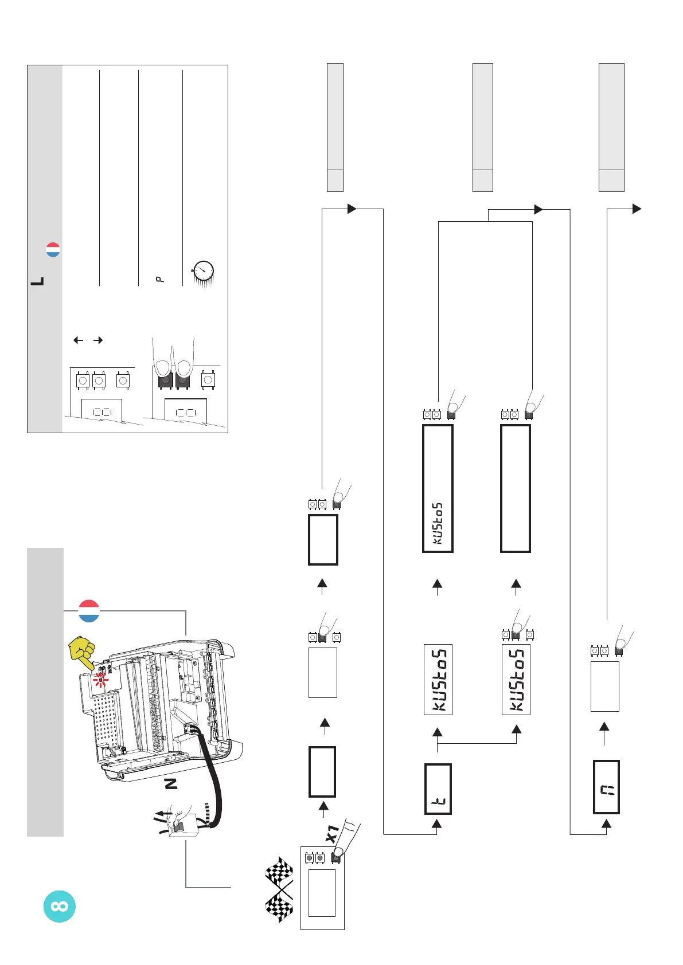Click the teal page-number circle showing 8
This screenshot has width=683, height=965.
(x=60, y=906)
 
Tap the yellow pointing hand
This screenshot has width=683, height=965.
(x=83, y=652)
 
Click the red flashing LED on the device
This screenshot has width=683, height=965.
(x=101, y=680)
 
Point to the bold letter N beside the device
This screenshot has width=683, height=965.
(x=171, y=783)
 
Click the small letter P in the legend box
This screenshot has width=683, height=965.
(x=160, y=279)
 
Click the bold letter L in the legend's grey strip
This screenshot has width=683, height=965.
(x=37, y=282)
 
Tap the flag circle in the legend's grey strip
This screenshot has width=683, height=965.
(x=53, y=250)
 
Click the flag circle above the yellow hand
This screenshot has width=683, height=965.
(x=89, y=611)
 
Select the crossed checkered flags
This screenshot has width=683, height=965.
(x=279, y=889)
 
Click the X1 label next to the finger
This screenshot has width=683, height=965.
(x=332, y=834)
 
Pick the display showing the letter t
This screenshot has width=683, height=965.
(x=438, y=789)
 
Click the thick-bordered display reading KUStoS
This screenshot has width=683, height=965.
(x=438, y=488)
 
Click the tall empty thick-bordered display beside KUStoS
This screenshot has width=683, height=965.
(x=516, y=488)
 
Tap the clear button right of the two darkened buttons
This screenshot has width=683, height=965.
(x=208, y=379)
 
